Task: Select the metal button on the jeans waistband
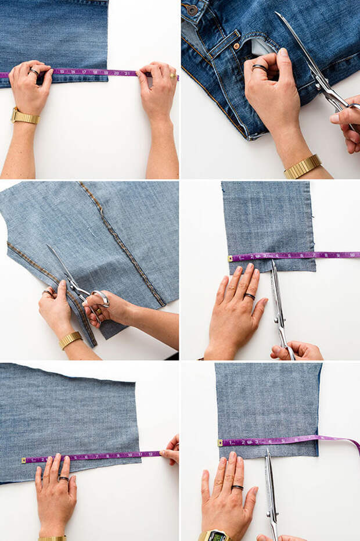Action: [191, 9]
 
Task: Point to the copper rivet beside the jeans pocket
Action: [236, 45]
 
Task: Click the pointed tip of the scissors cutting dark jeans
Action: [278, 14]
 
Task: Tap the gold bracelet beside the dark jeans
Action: [303, 166]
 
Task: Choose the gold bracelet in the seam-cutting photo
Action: [70, 340]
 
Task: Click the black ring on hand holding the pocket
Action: [260, 68]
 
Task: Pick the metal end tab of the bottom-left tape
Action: [24, 460]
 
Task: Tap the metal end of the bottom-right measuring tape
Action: [220, 443]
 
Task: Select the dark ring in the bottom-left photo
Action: [63, 478]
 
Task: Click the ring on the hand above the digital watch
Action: [237, 487]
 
